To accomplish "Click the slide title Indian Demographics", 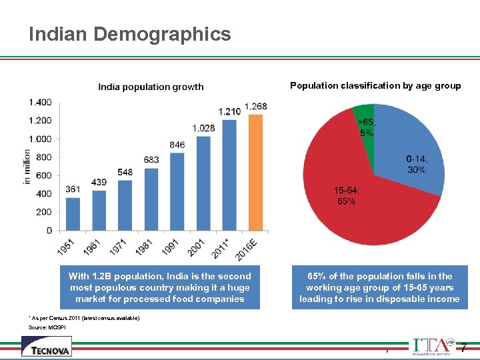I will coord(130,34).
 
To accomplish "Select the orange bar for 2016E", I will coord(255,173).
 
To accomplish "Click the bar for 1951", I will coord(73,214).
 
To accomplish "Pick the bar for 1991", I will coord(177,192).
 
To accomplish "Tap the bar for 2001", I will coord(203,183).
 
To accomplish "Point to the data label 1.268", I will coord(256,107).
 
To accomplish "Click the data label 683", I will coord(151,160).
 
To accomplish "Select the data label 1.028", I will coord(203,128).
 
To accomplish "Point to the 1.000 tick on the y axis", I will coord(40,139).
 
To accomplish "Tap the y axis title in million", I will coord(27,166).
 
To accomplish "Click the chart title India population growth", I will coord(151,87).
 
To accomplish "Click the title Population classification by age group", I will coord(375,85).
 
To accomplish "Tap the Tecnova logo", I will coord(46,347).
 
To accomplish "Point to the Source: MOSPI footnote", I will coord(47,328).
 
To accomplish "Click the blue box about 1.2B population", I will coord(160,287).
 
